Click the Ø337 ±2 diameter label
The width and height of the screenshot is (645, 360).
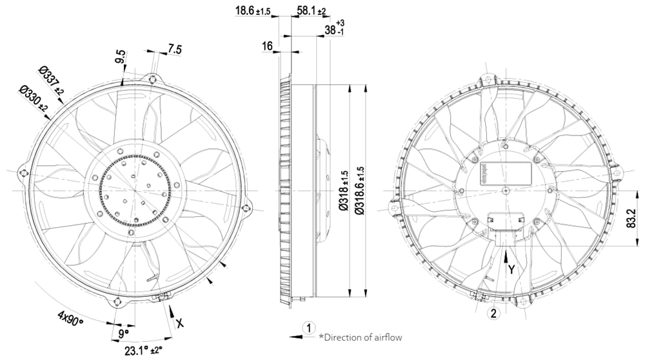50,81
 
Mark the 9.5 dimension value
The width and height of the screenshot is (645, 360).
120,57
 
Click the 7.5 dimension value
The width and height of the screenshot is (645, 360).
175,48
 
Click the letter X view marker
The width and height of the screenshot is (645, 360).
180,321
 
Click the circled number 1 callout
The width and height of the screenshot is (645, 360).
309,327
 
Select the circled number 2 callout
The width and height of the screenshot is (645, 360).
494,314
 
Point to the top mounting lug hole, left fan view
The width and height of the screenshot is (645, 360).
152,79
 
